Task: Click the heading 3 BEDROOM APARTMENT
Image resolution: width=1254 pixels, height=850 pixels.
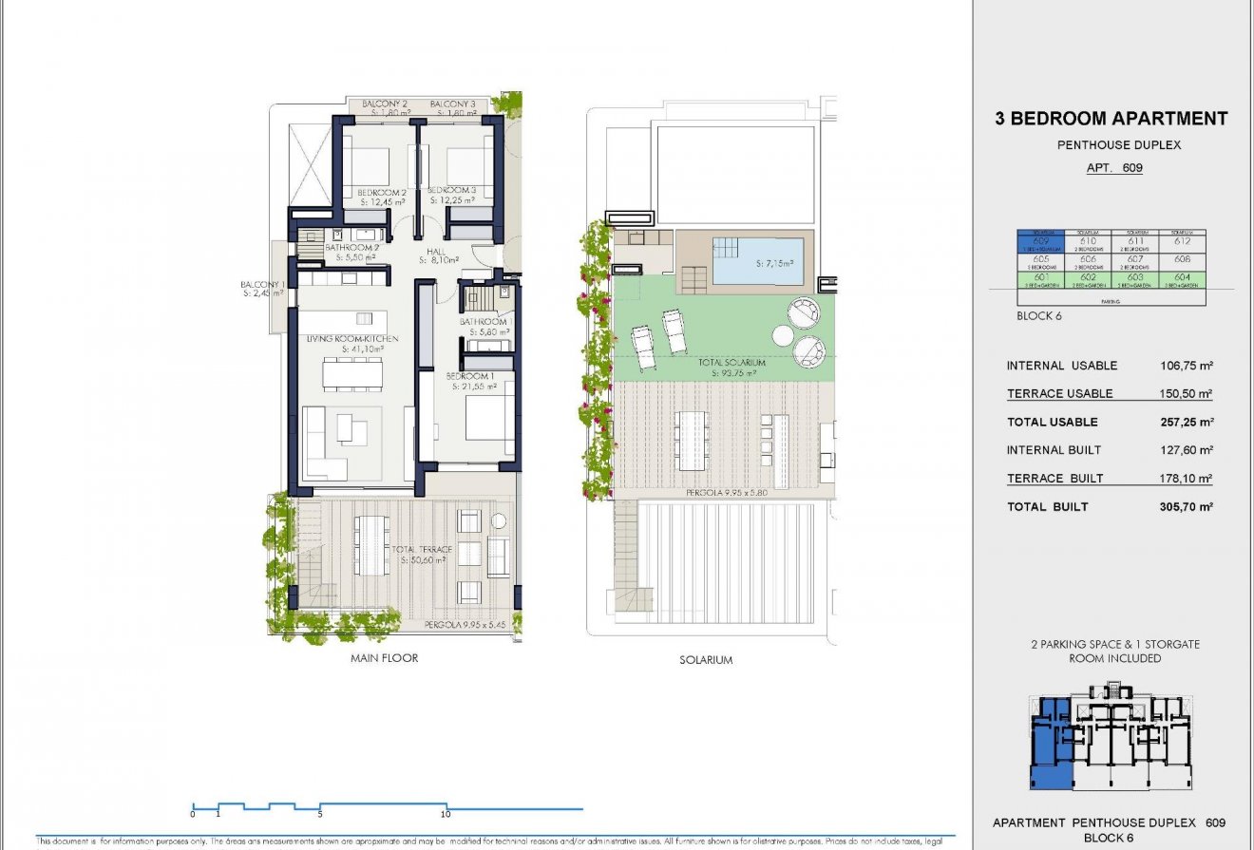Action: tap(1111, 119)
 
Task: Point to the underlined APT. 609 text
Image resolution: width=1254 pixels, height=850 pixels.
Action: tap(1113, 168)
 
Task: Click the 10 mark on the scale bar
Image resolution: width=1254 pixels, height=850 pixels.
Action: tap(446, 814)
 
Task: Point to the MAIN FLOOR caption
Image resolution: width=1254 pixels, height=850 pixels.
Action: tap(384, 657)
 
